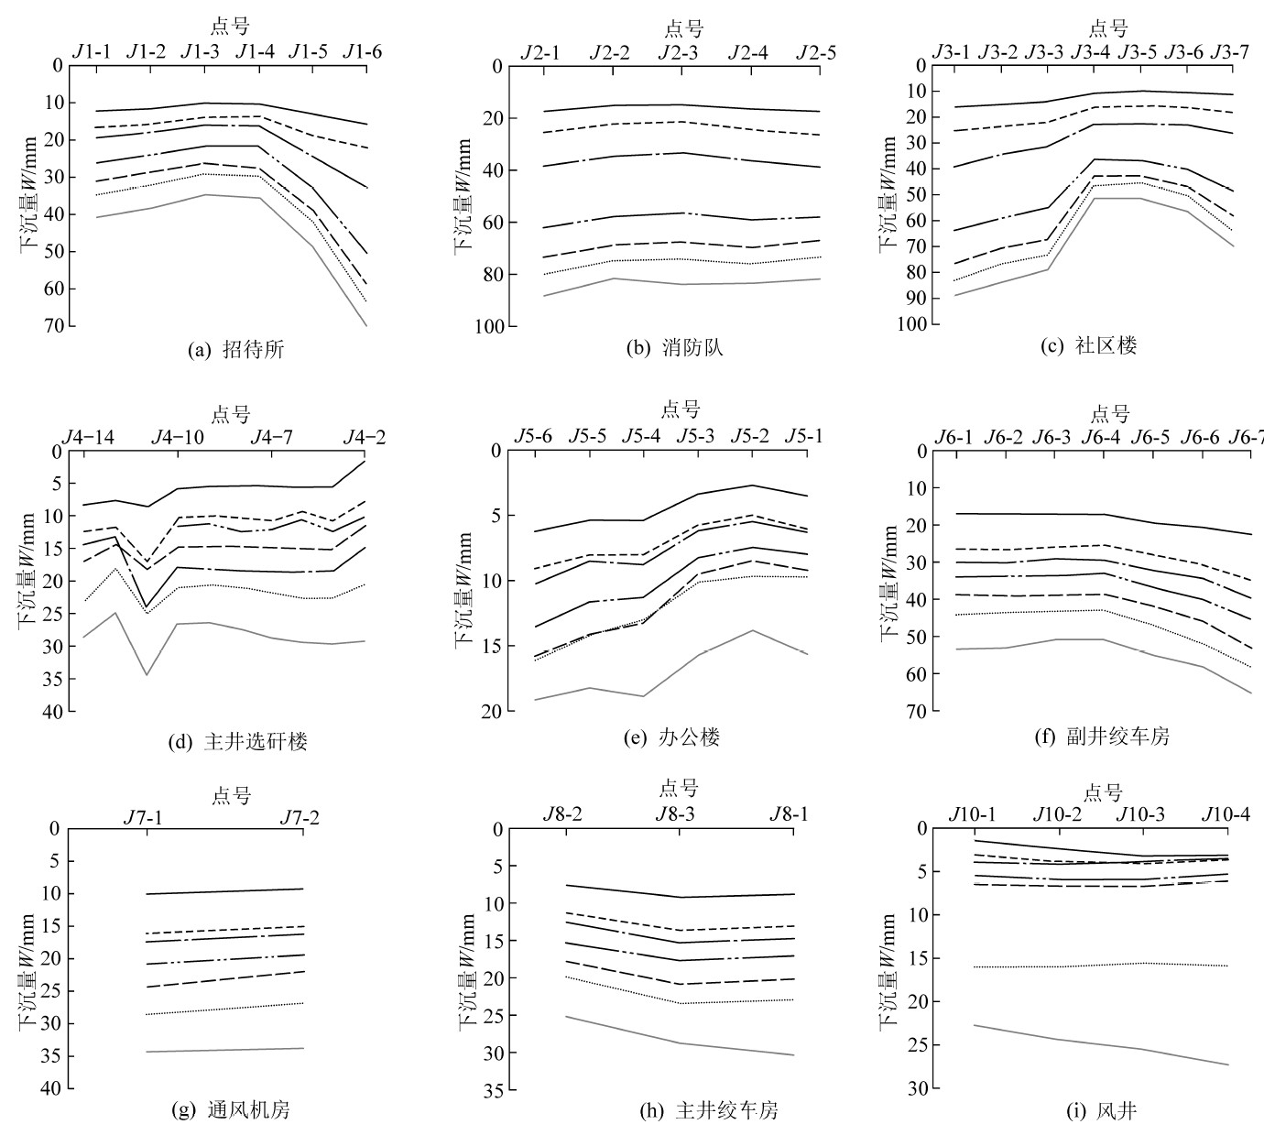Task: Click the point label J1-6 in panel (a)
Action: (x=363, y=51)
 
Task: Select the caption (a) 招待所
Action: (x=235, y=349)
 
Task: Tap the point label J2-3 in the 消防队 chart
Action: (x=679, y=53)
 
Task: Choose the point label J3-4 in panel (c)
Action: (x=1091, y=52)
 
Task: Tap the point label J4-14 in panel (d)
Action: (x=88, y=438)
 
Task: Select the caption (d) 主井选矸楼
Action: (x=237, y=741)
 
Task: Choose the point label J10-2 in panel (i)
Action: (x=1058, y=814)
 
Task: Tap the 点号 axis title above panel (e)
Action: (x=680, y=409)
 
